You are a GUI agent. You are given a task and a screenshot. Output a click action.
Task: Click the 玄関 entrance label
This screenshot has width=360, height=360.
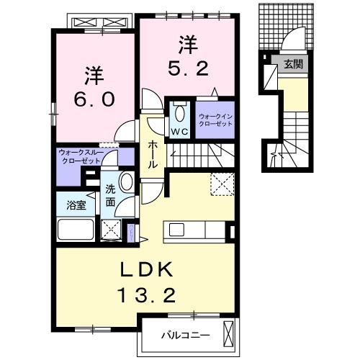293,64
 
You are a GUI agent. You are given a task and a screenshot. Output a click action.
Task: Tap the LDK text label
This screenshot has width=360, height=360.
146,269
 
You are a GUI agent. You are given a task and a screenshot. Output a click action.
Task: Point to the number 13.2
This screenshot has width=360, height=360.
146,295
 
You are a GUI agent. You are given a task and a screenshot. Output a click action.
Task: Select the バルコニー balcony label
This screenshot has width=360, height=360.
185,335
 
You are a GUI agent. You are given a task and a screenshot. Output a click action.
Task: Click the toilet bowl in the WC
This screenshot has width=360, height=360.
180,114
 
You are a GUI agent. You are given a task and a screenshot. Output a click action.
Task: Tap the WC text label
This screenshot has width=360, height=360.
179,132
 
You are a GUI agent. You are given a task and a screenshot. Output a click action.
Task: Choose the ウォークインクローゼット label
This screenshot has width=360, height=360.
215,120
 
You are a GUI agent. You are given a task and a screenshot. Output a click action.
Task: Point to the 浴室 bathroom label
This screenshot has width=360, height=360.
76,205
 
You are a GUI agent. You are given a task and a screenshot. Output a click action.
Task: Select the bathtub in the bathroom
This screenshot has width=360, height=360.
76,229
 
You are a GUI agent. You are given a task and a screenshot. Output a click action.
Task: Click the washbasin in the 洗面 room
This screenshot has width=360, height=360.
127,181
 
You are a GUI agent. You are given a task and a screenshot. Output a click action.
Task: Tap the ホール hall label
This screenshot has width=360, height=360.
153,155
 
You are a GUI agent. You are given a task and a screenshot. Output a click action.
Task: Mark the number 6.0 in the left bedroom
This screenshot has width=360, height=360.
94,99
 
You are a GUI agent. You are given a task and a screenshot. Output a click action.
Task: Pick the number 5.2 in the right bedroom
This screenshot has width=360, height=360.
188,68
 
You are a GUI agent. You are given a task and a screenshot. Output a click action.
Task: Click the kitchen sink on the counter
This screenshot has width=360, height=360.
176,230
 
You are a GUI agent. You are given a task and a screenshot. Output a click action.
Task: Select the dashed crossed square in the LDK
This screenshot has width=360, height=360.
222,184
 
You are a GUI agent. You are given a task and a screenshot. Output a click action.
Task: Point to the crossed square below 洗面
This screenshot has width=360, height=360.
110,230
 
